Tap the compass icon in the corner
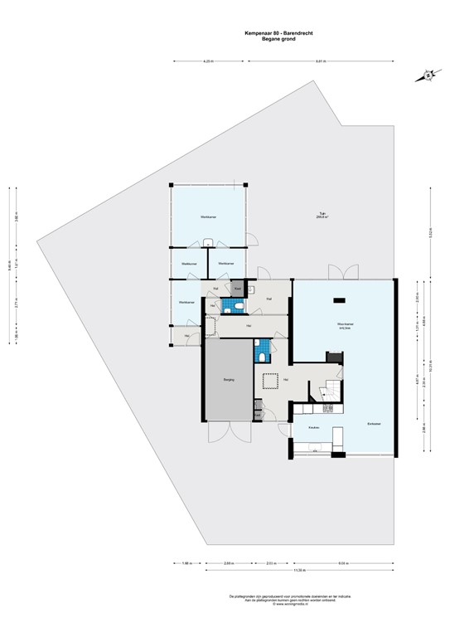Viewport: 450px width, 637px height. (x=428, y=75)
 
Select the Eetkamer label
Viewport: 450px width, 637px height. (x=375, y=423)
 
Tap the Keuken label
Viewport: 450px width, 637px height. (x=314, y=427)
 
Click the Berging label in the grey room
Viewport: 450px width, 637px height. (x=228, y=381)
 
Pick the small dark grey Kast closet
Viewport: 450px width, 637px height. (x=237, y=289)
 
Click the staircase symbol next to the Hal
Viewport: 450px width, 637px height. (x=326, y=391)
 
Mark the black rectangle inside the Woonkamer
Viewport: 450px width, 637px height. (x=339, y=299)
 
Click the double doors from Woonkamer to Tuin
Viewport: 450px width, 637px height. (x=344, y=273)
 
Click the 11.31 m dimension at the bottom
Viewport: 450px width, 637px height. (x=296, y=572)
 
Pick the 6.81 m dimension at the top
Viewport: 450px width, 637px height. (x=320, y=61)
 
